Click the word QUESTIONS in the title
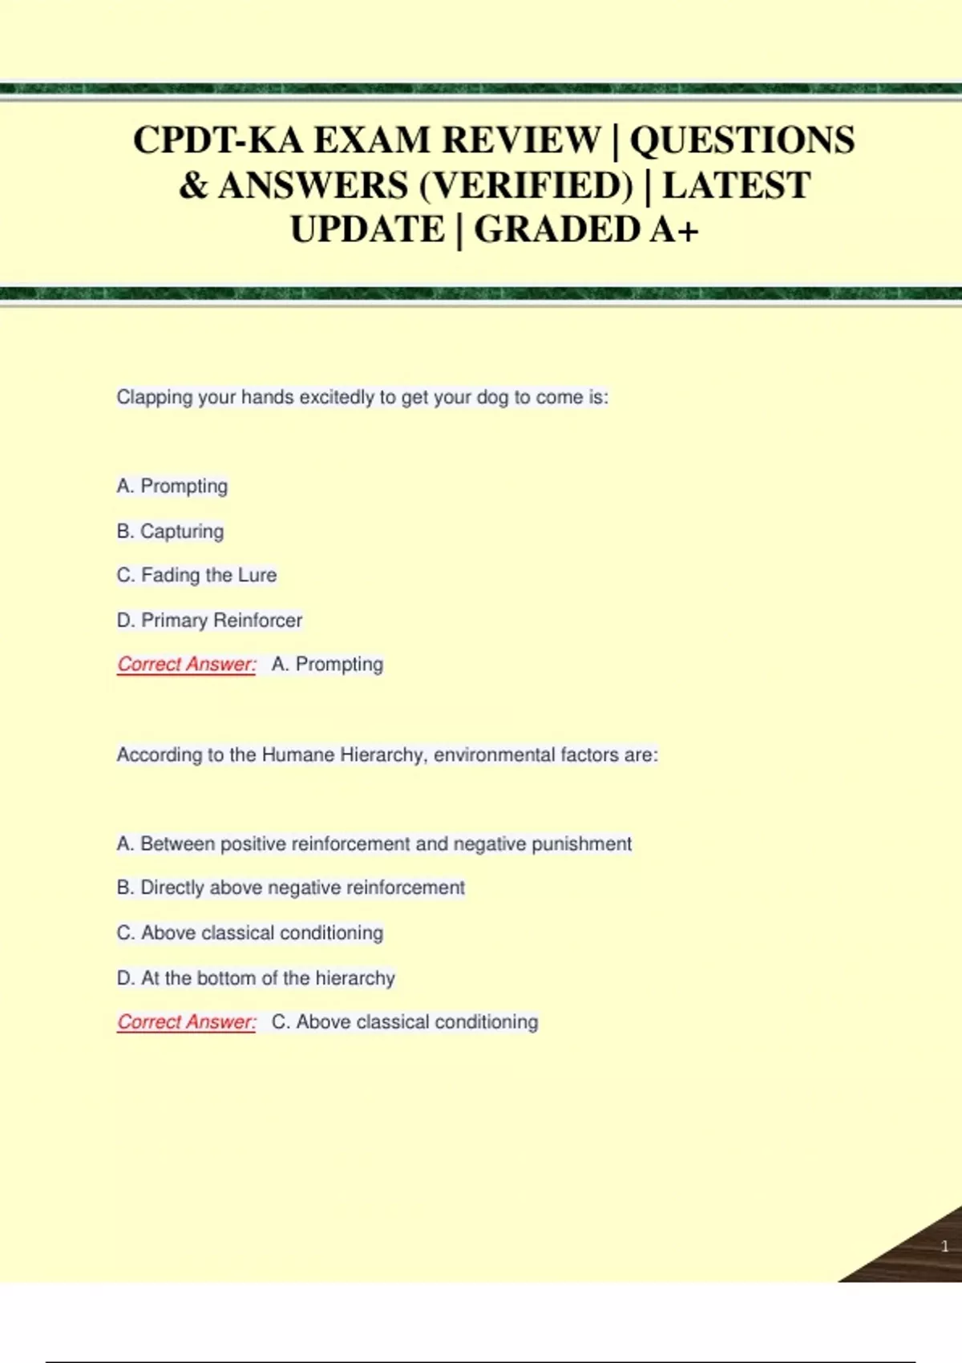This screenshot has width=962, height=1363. coord(742,140)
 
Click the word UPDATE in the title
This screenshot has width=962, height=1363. coord(367,230)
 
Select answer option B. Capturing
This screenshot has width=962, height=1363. coord(171,531)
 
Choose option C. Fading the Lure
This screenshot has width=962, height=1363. coord(197,575)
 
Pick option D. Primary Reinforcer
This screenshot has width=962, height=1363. coord(210,620)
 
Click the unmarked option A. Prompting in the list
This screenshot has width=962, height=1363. coord(172,486)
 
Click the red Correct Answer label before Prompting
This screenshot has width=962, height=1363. coord(187,664)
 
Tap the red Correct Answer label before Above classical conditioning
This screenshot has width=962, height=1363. coord(187,1021)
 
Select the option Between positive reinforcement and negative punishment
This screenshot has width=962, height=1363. coord(374,843)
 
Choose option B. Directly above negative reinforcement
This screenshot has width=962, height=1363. coord(291,888)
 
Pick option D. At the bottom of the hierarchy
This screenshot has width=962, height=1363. coord(257,977)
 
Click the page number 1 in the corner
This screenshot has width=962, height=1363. coord(944,1246)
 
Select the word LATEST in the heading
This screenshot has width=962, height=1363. coord(736,186)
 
